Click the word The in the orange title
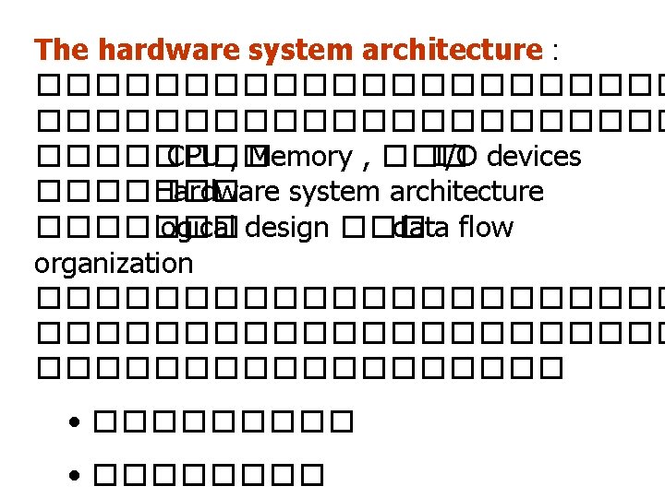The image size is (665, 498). pyautogui.click(x=61, y=49)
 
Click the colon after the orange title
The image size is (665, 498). pyautogui.click(x=554, y=52)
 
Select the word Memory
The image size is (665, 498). pyautogui.click(x=307, y=157)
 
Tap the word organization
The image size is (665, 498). pyautogui.click(x=114, y=264)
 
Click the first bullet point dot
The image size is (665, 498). pyautogui.click(x=75, y=425)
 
